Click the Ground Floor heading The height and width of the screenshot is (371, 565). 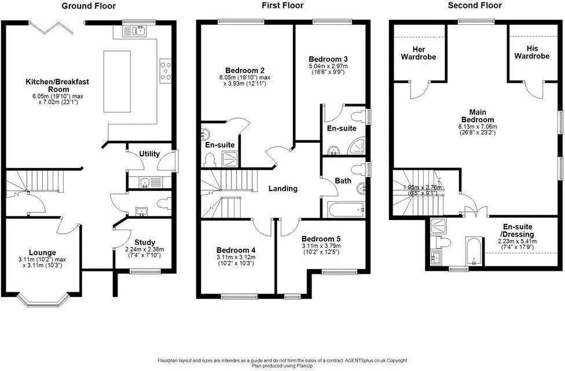(x=89, y=6)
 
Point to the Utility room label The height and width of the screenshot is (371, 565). (x=149, y=154)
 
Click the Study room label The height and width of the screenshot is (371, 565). (x=145, y=243)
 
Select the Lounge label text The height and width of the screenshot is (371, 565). (x=42, y=252)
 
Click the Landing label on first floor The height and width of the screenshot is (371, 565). (x=282, y=189)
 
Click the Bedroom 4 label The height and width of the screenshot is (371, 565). (x=236, y=250)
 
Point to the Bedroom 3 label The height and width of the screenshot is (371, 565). (x=328, y=59)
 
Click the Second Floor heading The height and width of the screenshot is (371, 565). (x=475, y=6)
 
